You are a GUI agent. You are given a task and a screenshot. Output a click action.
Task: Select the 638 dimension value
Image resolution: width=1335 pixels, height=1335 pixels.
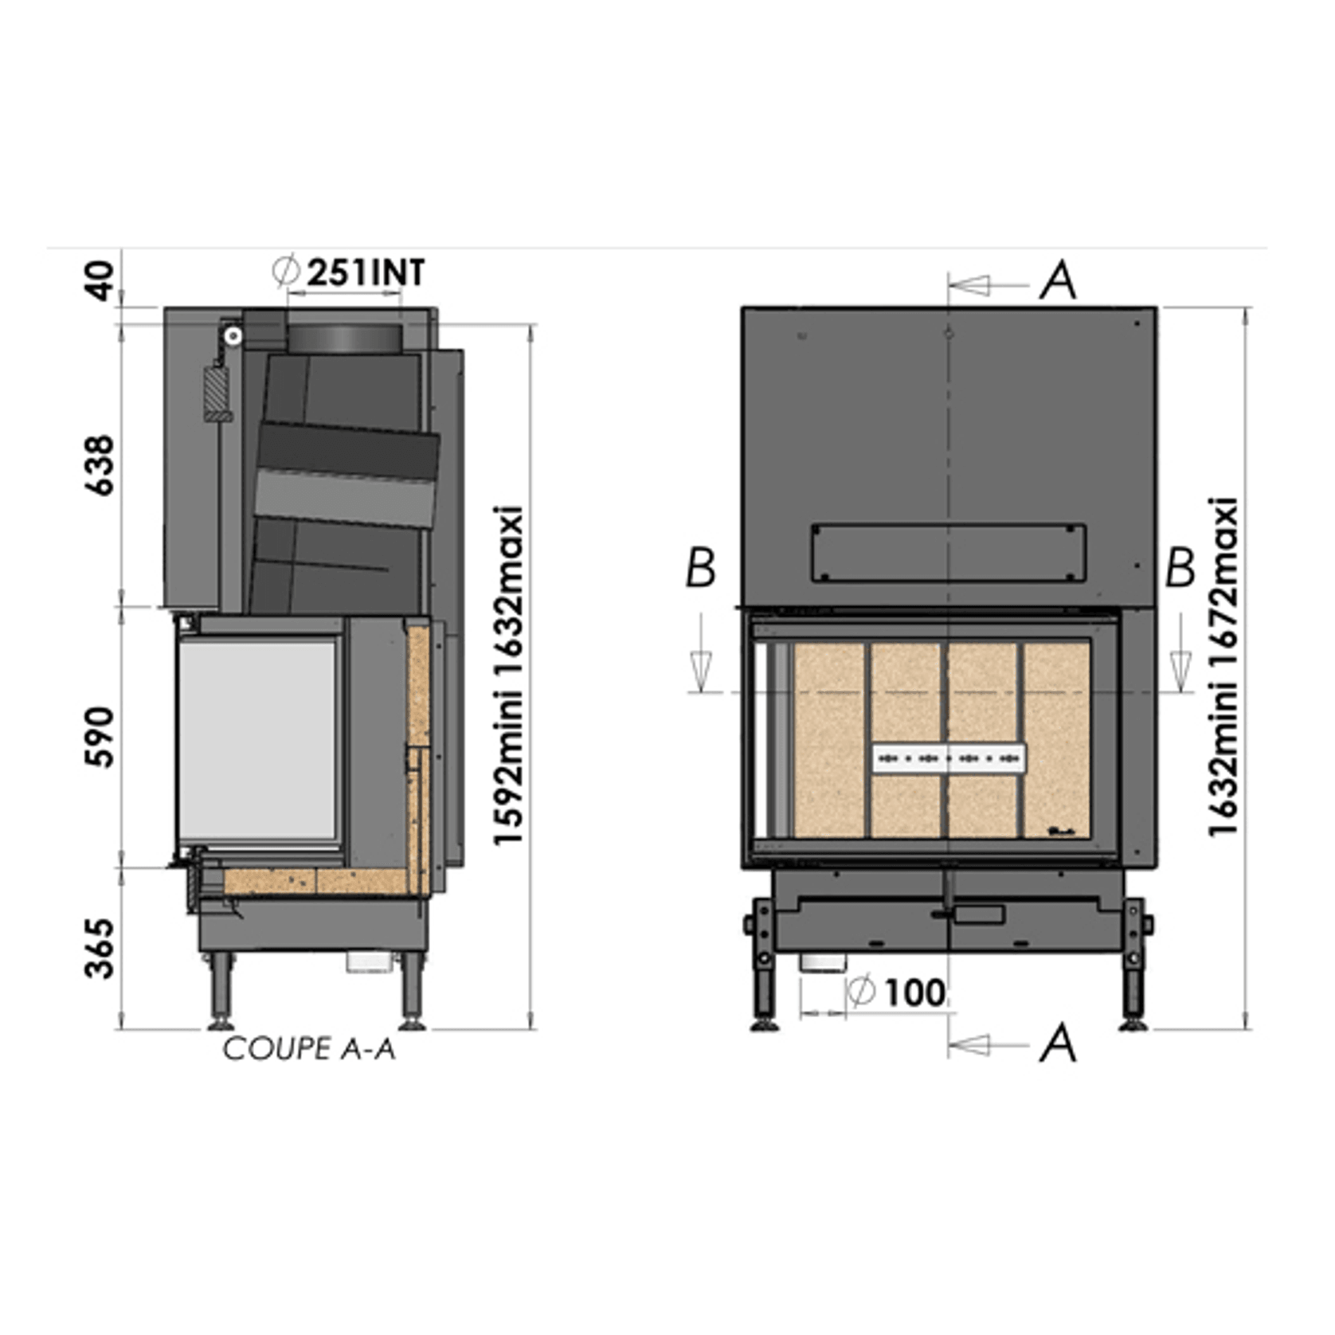(x=100, y=466)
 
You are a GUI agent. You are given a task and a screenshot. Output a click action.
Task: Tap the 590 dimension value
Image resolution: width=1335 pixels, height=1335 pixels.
(x=100, y=737)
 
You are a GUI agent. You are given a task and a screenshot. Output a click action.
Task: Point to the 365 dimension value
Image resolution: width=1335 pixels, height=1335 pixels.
(x=100, y=949)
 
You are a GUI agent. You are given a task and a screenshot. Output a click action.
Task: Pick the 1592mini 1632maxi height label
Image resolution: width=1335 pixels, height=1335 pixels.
(x=509, y=675)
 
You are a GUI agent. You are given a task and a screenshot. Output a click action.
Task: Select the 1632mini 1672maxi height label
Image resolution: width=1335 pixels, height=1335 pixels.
(x=1223, y=667)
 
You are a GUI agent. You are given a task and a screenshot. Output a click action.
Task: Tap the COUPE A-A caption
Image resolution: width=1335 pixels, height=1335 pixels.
(x=309, y=1049)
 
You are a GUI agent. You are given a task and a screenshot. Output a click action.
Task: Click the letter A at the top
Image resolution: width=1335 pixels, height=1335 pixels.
(x=1059, y=281)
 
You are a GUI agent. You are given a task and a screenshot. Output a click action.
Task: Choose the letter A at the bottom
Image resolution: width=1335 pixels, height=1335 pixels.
(x=1059, y=1043)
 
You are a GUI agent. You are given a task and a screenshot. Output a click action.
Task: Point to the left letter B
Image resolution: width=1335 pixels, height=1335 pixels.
(x=701, y=569)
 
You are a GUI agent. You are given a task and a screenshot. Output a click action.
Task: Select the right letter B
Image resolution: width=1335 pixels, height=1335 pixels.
(x=1180, y=569)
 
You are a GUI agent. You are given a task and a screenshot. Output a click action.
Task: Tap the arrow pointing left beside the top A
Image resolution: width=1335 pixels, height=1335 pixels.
(x=972, y=284)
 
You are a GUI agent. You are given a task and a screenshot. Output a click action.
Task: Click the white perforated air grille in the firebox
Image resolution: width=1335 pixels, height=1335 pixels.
(x=949, y=758)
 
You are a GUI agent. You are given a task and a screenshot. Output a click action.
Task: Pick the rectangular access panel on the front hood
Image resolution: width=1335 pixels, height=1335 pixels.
(x=949, y=552)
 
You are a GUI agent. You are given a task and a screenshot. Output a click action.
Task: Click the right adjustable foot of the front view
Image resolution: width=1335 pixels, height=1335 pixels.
(x=1134, y=972)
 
